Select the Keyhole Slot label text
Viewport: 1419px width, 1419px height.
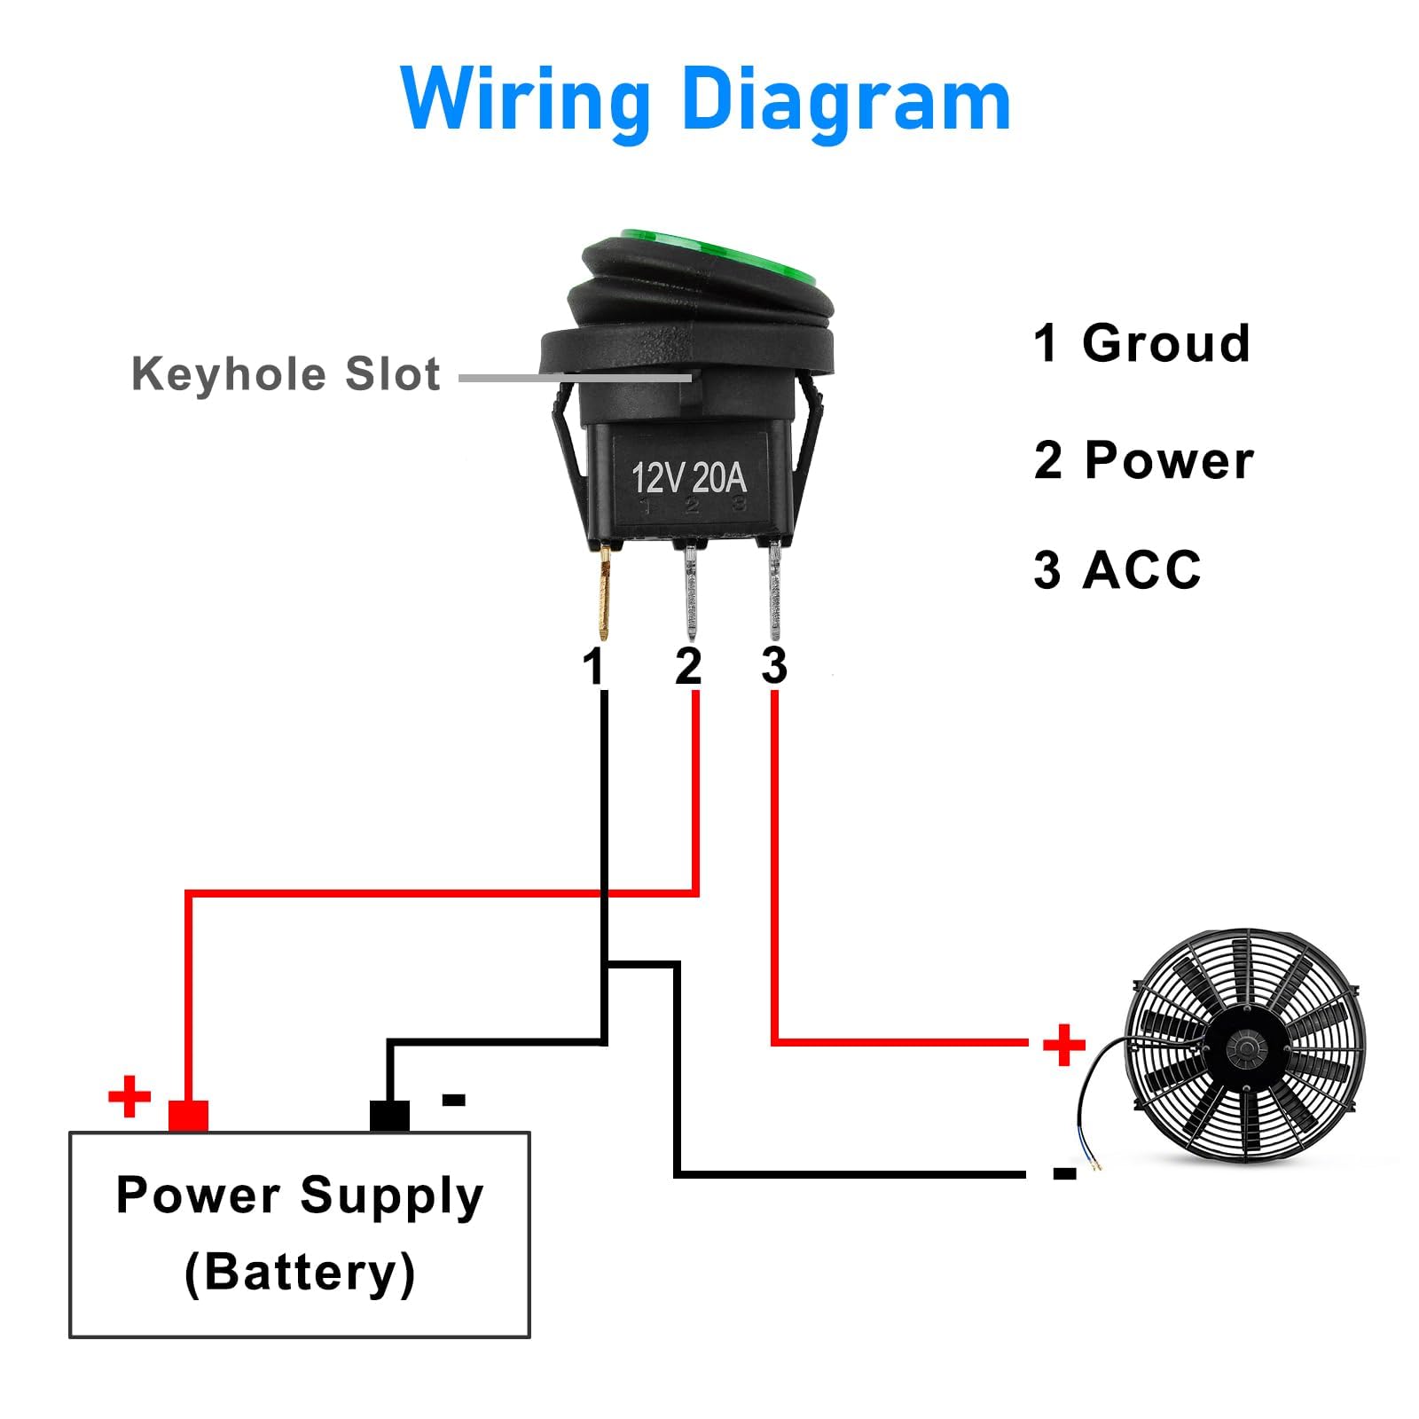tap(286, 373)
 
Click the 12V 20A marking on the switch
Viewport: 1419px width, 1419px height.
tap(688, 478)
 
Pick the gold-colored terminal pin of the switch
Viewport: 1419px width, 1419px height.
tap(604, 592)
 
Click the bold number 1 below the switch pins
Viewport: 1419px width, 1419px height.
tap(593, 666)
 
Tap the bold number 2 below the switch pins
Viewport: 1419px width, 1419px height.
tap(688, 666)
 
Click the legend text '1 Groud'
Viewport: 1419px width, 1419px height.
tap(1141, 343)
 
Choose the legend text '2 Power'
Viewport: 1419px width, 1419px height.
tap(1143, 460)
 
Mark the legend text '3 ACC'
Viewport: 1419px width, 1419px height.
tap(1117, 569)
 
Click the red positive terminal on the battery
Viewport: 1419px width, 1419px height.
tap(188, 1116)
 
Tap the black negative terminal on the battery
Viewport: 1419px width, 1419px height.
tap(389, 1116)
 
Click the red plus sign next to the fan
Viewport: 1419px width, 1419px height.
tap(1063, 1044)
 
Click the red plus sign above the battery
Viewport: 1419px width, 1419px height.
tap(129, 1096)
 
